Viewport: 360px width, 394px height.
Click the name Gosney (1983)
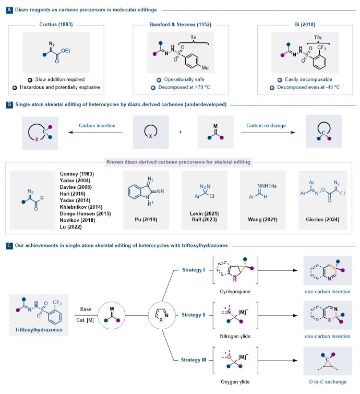point(70,173)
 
